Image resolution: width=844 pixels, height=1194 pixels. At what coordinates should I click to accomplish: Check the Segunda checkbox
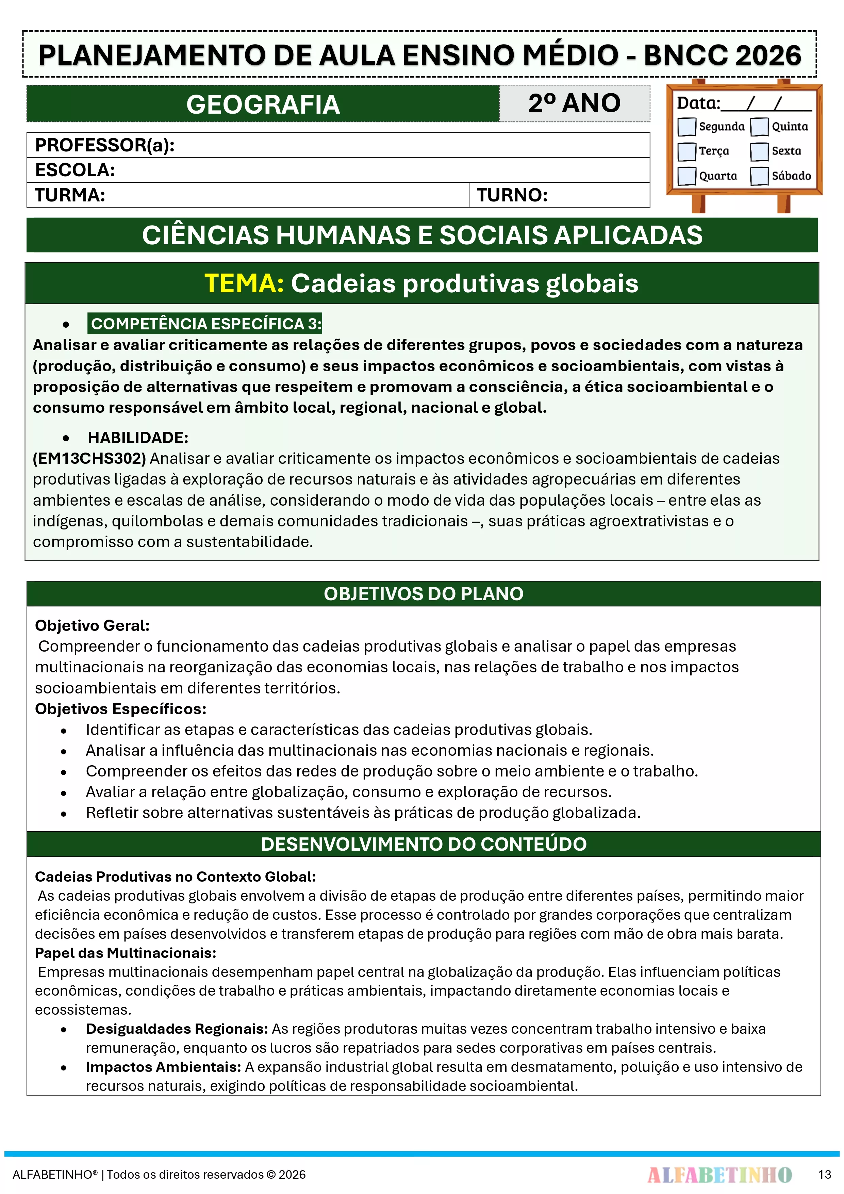pyautogui.click(x=686, y=126)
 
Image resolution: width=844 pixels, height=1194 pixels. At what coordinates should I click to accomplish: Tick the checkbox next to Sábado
pyautogui.click(x=759, y=176)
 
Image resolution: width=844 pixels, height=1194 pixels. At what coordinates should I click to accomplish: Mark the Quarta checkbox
pyautogui.click(x=686, y=176)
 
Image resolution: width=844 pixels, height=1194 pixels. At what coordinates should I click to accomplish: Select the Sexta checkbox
pyautogui.click(x=759, y=151)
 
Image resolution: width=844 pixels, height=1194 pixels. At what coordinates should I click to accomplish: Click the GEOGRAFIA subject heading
pyautogui.click(x=263, y=104)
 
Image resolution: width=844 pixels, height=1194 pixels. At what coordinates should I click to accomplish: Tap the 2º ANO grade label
pyautogui.click(x=574, y=103)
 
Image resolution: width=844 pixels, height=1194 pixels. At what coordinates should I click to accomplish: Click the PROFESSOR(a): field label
pyautogui.click(x=104, y=145)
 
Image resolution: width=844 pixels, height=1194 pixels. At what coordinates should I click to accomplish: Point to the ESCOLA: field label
pyautogui.click(x=75, y=170)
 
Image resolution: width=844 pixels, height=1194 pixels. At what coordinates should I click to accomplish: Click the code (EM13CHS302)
pyautogui.click(x=89, y=458)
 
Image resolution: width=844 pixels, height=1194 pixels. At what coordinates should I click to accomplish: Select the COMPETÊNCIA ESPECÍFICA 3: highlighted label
pyautogui.click(x=206, y=324)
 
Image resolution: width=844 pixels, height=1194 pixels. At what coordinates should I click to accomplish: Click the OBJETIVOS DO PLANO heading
pyautogui.click(x=423, y=594)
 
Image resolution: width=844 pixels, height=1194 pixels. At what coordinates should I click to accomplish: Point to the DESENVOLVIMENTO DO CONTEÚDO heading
pyautogui.click(x=423, y=844)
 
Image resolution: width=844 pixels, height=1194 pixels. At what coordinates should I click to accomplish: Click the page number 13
pyautogui.click(x=824, y=1174)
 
